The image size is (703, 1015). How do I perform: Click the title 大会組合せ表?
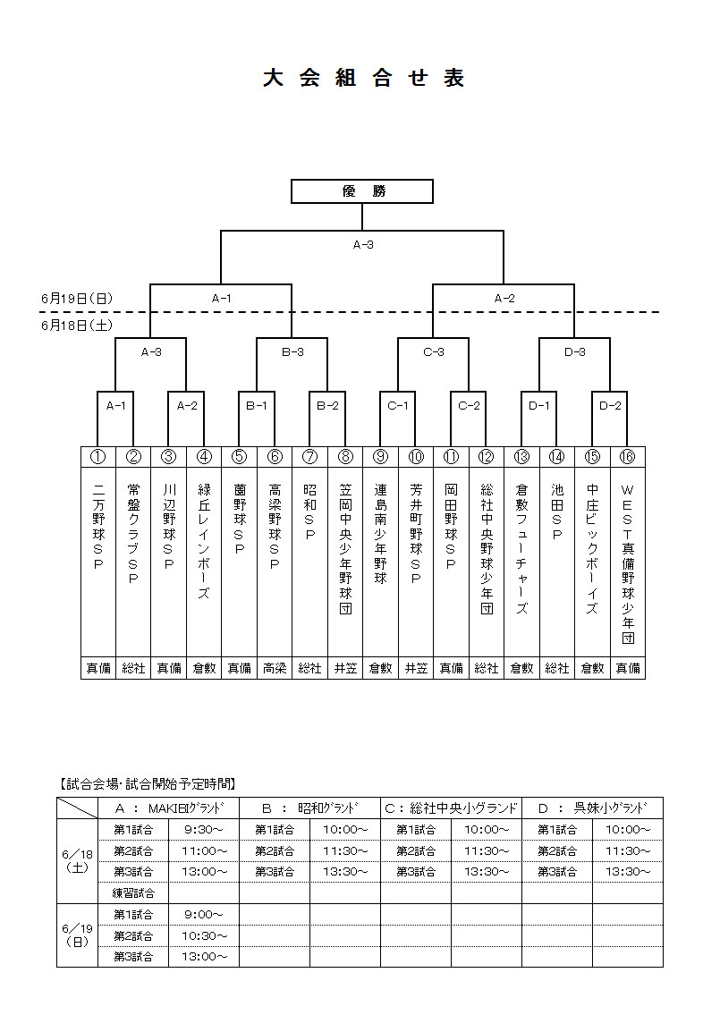tap(363, 79)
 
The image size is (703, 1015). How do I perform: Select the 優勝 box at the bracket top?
tap(362, 191)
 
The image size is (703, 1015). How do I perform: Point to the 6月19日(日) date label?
tap(77, 298)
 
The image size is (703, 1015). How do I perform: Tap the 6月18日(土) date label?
tap(77, 326)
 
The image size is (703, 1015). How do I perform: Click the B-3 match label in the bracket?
tap(292, 352)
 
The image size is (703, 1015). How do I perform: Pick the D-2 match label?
tap(610, 405)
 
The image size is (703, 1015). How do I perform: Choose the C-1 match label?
tap(398, 405)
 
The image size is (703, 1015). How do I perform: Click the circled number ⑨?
tap(380, 457)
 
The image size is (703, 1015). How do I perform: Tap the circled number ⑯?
tap(627, 457)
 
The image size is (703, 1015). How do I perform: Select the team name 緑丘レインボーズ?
tap(204, 542)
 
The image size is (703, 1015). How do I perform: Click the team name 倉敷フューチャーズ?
tap(521, 549)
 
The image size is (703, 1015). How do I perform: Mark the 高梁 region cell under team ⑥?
tap(275, 668)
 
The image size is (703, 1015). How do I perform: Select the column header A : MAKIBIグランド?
tap(168, 808)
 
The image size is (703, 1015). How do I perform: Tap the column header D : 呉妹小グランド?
tap(592, 808)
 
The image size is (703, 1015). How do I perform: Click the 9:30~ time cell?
tap(204, 829)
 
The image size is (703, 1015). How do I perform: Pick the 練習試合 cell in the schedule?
tap(133, 892)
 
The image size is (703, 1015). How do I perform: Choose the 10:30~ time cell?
tap(204, 935)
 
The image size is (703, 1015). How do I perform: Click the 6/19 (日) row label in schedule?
tap(77, 935)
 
